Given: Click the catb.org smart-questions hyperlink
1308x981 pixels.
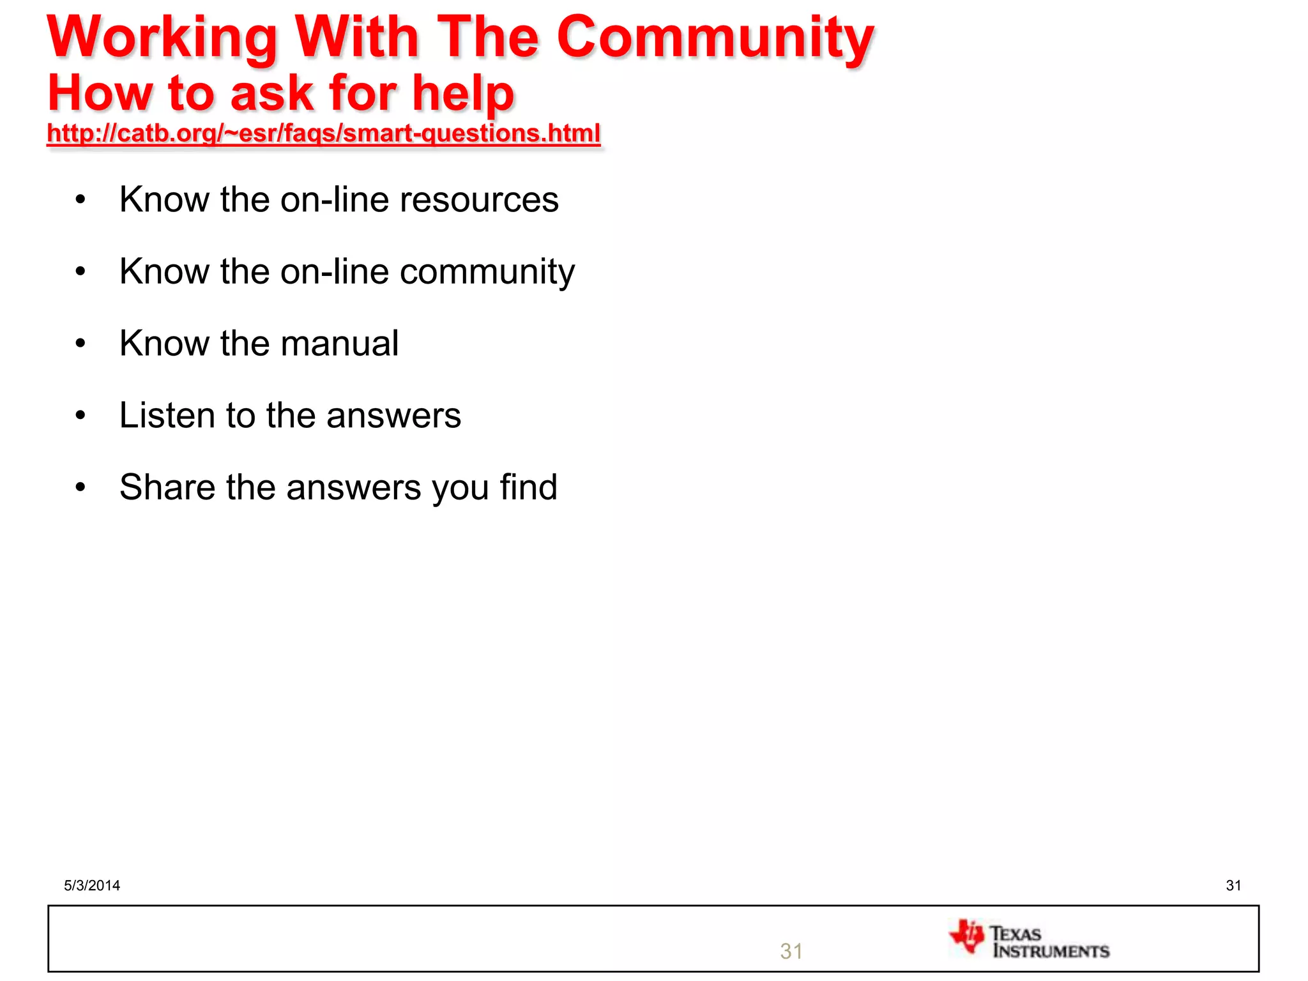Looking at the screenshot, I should click(324, 133).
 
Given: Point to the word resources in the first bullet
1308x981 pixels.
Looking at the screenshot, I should click(479, 199).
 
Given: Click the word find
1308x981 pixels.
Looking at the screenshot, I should click(528, 487).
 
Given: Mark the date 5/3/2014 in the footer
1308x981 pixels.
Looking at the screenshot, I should click(92, 885).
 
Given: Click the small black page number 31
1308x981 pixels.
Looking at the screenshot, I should click(1233, 885).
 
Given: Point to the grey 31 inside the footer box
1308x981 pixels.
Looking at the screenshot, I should click(791, 952).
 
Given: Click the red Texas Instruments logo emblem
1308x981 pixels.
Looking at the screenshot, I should click(967, 937).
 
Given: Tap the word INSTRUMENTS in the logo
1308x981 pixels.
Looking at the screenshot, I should click(1051, 952).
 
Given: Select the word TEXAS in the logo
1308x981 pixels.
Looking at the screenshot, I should click(1015, 934).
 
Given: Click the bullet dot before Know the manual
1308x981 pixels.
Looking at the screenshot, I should click(80, 344).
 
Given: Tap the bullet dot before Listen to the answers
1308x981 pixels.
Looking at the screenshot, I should click(80, 416).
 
